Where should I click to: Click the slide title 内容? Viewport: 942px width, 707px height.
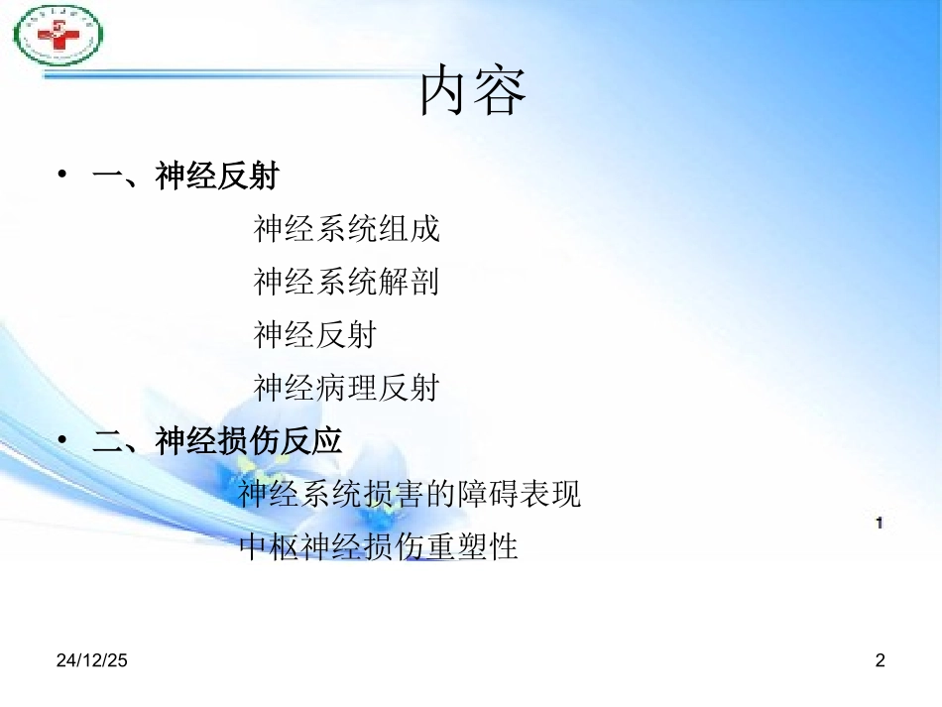pos(473,91)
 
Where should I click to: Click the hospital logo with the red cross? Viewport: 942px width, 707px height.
pos(59,36)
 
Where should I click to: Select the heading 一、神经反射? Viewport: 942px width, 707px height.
pos(185,177)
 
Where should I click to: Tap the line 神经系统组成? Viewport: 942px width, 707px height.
pos(346,230)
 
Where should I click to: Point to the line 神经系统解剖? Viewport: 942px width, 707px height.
pos(346,283)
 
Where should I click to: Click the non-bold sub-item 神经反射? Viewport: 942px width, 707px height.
pos(314,335)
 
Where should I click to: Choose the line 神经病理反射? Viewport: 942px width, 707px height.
pos(346,388)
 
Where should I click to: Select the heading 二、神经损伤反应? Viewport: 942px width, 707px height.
pos(217,441)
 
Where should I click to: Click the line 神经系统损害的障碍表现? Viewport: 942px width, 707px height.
pos(410,494)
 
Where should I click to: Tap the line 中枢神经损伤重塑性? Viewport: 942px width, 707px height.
pos(380,546)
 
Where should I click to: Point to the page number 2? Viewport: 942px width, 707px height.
pos(879,660)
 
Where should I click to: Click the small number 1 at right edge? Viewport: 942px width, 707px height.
pos(879,523)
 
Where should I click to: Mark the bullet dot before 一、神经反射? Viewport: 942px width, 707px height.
pos(62,177)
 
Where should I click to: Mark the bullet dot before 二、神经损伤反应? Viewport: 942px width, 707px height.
pos(62,440)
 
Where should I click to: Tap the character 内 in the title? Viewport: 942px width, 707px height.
pos(445,91)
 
